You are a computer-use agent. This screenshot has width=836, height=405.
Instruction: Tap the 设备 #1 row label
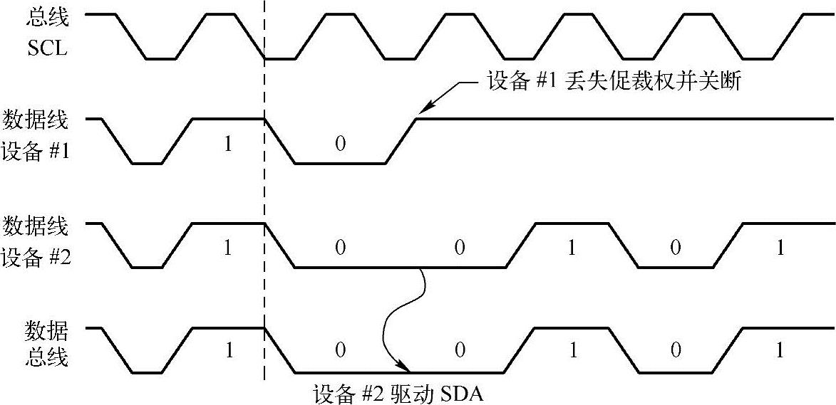[x=36, y=153]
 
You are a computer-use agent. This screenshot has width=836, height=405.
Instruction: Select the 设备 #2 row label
[x=36, y=257]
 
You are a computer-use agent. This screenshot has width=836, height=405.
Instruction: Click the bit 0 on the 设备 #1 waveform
[x=340, y=144]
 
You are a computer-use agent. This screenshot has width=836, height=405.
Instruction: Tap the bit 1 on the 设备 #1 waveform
[x=227, y=144]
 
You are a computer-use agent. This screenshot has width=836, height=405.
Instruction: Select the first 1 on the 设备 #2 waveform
[x=227, y=248]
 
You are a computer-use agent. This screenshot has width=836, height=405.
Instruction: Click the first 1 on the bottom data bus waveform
[x=227, y=351]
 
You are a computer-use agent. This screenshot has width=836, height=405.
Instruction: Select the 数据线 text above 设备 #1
[x=36, y=120]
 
